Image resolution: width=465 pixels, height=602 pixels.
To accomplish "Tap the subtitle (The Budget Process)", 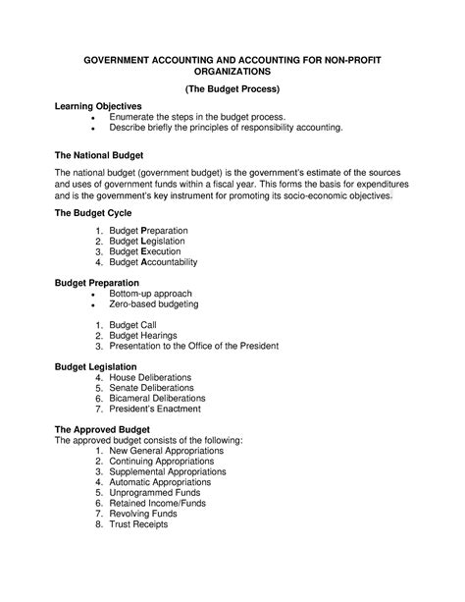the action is point(232,88).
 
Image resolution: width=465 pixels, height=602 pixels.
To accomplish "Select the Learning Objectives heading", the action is point(98,105).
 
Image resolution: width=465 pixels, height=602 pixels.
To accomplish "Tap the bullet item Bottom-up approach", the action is point(150,294).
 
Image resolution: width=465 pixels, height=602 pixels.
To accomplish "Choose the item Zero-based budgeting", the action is point(154,304).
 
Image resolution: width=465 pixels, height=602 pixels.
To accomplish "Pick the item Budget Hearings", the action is point(145,335).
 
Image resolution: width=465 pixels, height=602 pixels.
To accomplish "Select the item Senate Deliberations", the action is point(157,388).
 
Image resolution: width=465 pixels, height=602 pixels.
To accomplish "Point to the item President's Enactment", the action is point(157,410).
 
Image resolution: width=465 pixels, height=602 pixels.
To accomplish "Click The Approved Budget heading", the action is point(102,430).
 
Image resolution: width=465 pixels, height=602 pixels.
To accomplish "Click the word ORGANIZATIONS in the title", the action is point(232,72).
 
